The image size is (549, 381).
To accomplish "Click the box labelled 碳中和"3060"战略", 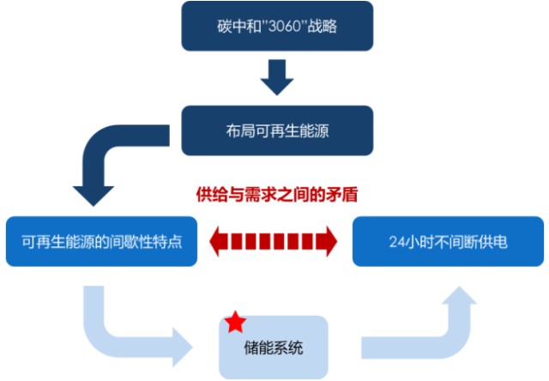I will [x=277, y=26].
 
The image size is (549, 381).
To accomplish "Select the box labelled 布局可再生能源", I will [x=277, y=130].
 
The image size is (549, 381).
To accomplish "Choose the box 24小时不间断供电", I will [x=448, y=241].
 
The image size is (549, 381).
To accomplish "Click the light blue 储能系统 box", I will [x=273, y=348].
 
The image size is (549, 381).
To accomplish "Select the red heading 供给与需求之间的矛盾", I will [x=275, y=195].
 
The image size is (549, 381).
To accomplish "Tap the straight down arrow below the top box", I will [x=277, y=79].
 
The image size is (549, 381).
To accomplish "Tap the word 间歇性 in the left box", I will [x=132, y=241].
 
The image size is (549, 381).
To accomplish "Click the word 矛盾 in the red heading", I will [x=342, y=195].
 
